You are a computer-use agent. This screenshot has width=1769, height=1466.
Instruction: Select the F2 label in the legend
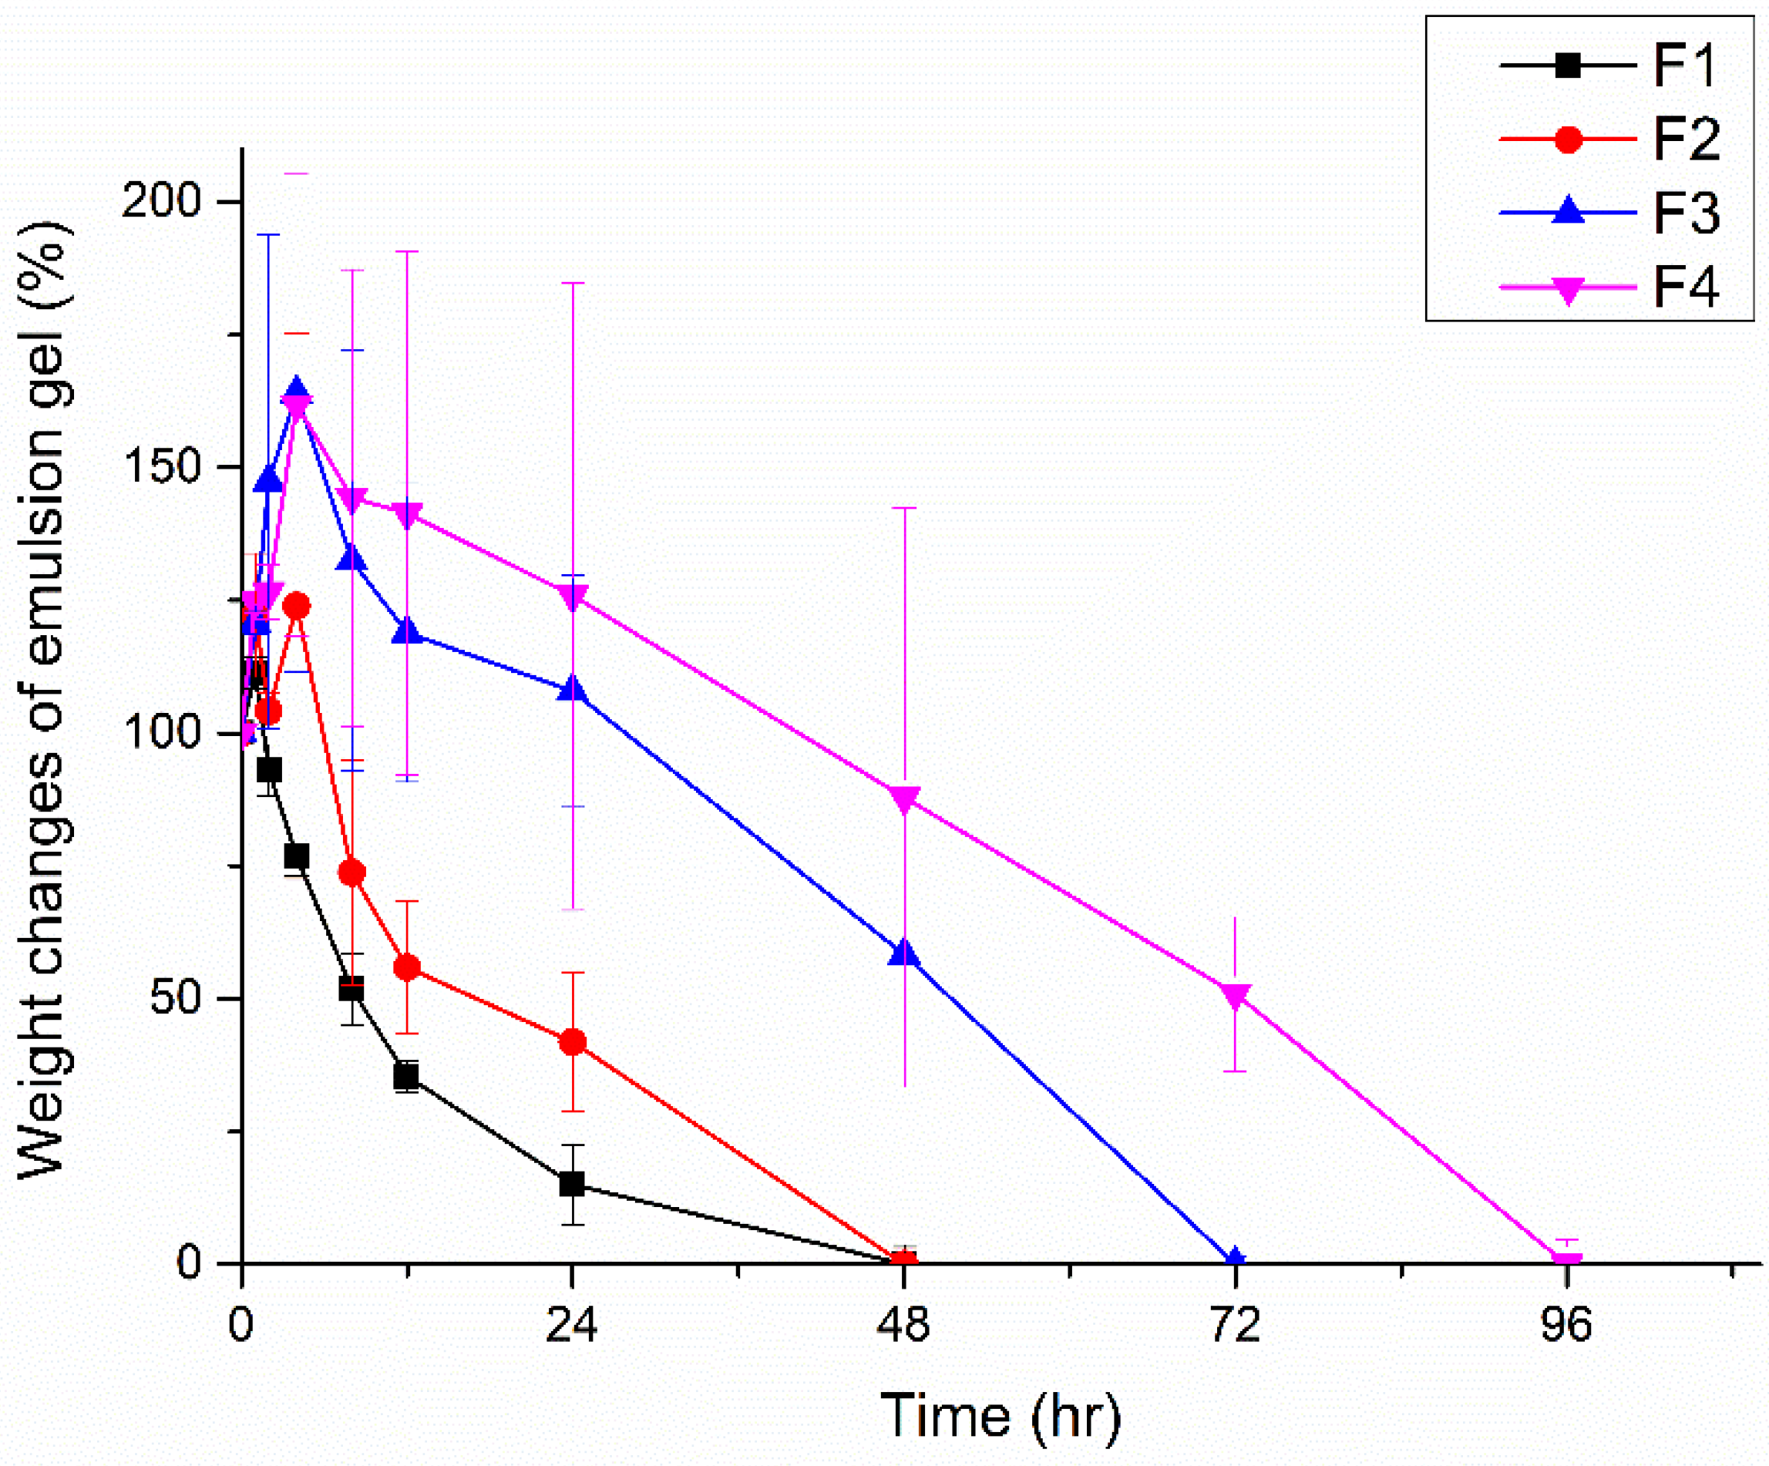pos(1684,139)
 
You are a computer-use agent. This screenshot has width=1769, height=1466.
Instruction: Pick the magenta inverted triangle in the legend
pos(1568,289)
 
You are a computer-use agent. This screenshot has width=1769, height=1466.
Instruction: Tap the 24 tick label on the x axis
pos(572,1324)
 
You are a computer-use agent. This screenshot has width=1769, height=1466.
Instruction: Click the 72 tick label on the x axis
pos(1235,1324)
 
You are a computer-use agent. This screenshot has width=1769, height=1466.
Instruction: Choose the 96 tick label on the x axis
pos(1567,1324)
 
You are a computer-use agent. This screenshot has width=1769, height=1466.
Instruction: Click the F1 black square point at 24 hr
pos(572,1184)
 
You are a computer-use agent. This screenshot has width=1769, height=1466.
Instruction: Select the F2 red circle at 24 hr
pos(572,1042)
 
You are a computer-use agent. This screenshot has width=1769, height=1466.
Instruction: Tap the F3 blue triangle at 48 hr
pos(904,953)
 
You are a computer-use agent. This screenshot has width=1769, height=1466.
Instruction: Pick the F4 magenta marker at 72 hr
pos(1235,996)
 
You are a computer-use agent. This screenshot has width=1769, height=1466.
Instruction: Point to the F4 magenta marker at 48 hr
pos(904,799)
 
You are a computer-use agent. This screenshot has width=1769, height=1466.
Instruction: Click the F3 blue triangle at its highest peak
pos(296,392)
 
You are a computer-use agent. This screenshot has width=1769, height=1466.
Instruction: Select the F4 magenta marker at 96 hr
pos(1567,1262)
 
